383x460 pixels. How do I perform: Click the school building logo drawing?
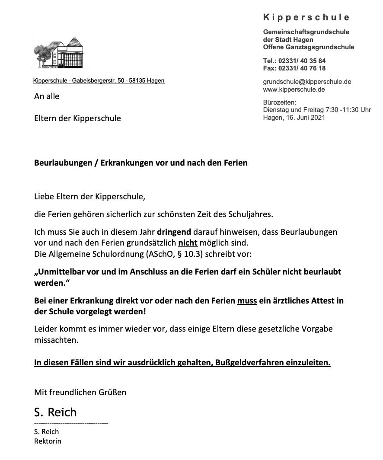(x=60, y=52)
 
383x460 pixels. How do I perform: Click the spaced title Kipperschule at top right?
(x=306, y=17)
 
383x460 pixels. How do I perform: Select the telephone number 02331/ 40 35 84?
(x=302, y=61)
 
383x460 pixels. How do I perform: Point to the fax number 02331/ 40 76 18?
(x=302, y=68)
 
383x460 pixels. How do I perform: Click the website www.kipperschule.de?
(x=294, y=89)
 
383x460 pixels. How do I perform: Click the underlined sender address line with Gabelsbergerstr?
(x=99, y=80)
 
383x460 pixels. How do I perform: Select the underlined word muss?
(x=247, y=300)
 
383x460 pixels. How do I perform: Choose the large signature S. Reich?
(x=55, y=412)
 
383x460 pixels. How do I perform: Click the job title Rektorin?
(x=48, y=441)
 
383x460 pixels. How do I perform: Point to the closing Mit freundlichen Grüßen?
(x=80, y=393)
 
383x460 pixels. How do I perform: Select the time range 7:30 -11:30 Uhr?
(x=343, y=110)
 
